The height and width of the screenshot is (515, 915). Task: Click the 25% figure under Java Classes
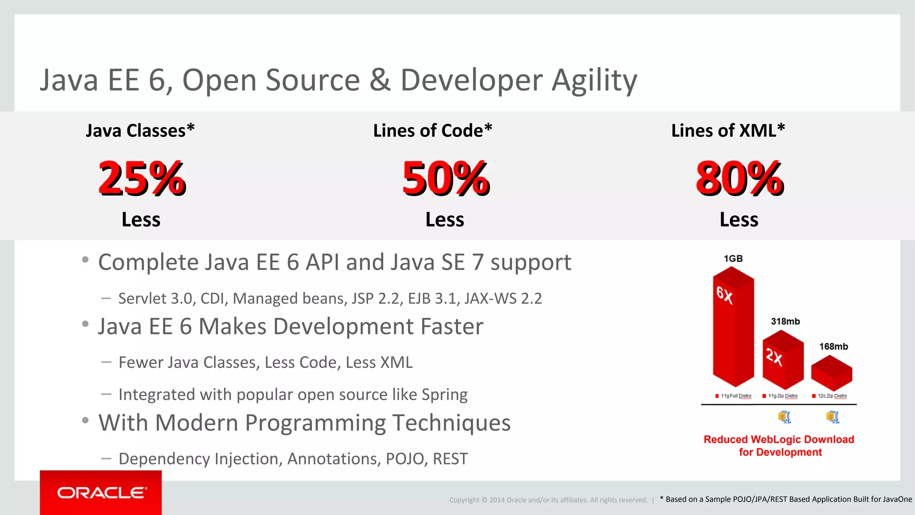point(142,179)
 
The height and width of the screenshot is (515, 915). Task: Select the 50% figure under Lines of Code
point(446,179)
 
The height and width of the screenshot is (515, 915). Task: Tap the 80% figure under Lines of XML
point(739,179)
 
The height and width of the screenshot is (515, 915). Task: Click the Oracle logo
point(101,493)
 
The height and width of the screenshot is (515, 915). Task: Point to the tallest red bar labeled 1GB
point(733,331)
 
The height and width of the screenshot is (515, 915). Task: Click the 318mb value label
point(785,321)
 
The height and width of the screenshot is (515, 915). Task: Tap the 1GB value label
point(733,258)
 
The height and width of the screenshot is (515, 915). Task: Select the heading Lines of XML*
point(728,131)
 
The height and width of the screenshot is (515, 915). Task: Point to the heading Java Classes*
point(140,131)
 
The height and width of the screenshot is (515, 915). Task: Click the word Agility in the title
point(594,81)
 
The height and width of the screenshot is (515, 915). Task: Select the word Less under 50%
point(445,220)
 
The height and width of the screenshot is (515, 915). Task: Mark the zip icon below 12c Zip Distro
point(832,417)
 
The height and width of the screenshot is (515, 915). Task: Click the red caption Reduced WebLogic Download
point(779,439)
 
